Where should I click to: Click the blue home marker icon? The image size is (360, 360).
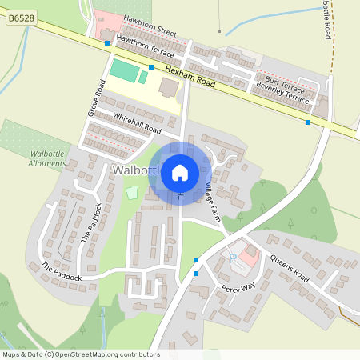pos(180,172)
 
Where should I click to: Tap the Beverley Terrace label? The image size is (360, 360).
pos(281,92)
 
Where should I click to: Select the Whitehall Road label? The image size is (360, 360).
pos(137,123)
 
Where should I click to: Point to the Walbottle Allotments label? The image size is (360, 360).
pos(46,157)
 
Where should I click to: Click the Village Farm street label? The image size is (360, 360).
pos(211,203)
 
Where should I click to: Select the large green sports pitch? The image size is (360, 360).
pos(123,70)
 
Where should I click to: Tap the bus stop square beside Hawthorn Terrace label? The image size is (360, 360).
pos(107,42)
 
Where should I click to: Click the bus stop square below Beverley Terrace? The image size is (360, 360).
pos(308,122)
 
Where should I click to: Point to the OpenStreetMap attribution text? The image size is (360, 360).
pos(80,354)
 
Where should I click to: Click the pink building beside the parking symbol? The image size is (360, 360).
pos(250,257)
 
